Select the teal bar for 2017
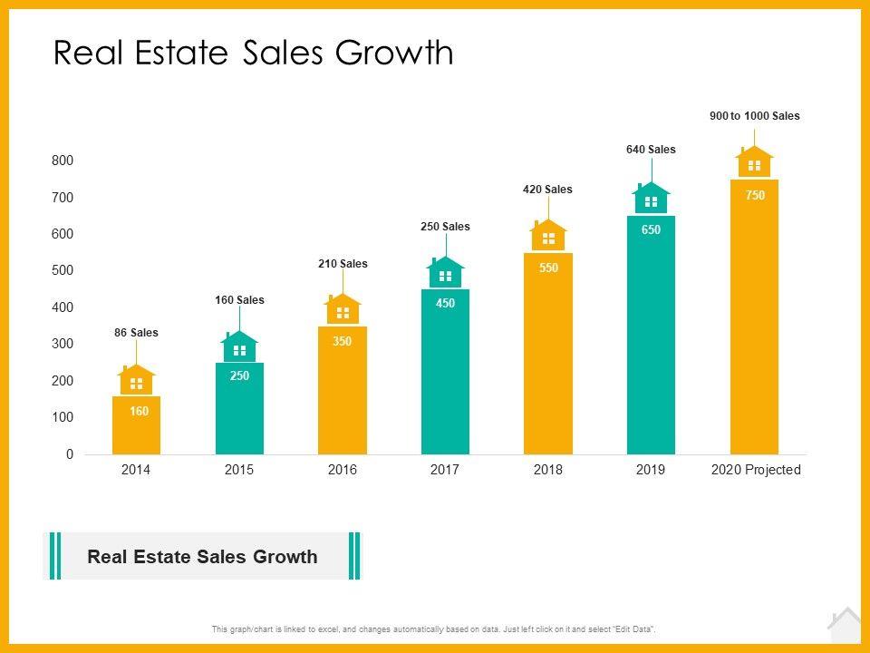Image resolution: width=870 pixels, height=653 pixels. click(x=445, y=372)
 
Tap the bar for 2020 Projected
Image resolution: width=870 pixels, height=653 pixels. click(x=754, y=317)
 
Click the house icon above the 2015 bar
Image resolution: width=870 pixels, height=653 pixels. click(x=239, y=348)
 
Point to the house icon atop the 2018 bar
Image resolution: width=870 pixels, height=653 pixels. click(x=548, y=237)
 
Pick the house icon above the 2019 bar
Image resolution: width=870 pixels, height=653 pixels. click(x=651, y=200)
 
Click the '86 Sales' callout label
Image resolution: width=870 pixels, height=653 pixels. click(x=136, y=333)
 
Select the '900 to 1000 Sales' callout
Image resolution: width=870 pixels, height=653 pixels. click(x=754, y=116)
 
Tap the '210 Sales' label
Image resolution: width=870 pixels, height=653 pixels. click(x=343, y=264)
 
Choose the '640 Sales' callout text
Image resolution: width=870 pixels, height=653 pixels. click(x=651, y=150)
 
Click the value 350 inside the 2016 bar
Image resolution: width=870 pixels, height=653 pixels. click(x=343, y=341)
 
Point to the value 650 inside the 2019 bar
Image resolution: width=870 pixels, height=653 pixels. click(x=651, y=230)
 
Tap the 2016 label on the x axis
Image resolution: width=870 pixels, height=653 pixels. click(x=343, y=470)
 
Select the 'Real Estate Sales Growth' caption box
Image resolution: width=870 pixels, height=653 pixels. click(x=202, y=556)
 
